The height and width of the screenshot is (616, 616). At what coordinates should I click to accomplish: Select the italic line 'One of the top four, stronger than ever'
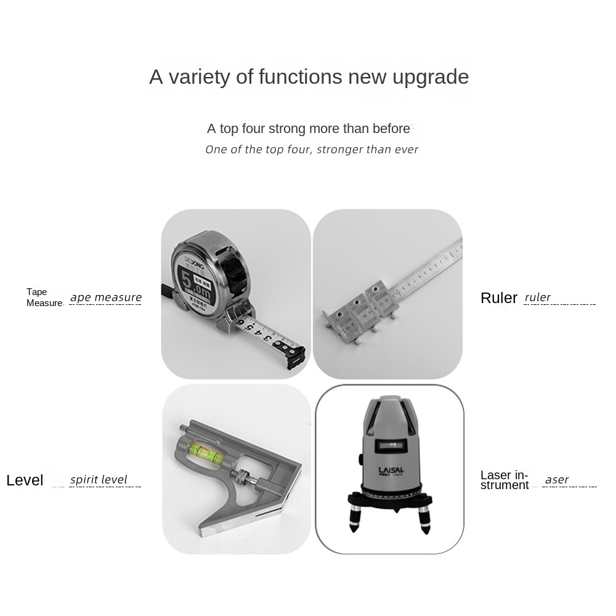312,150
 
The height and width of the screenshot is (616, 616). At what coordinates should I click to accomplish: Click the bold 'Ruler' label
499,298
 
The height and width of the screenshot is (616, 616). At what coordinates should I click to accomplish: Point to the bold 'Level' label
25,480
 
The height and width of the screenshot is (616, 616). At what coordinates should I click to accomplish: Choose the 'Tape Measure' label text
44,298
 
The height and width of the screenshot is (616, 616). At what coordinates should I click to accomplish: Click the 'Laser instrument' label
505,480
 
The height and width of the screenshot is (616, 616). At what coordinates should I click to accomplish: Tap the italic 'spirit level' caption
99,480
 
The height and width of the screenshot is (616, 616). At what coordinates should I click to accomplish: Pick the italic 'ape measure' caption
106,298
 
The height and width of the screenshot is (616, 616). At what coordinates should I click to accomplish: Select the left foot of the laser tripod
355,521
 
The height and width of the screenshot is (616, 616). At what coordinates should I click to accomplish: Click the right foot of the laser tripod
424,521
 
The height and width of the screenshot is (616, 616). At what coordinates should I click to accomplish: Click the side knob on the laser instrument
359,460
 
